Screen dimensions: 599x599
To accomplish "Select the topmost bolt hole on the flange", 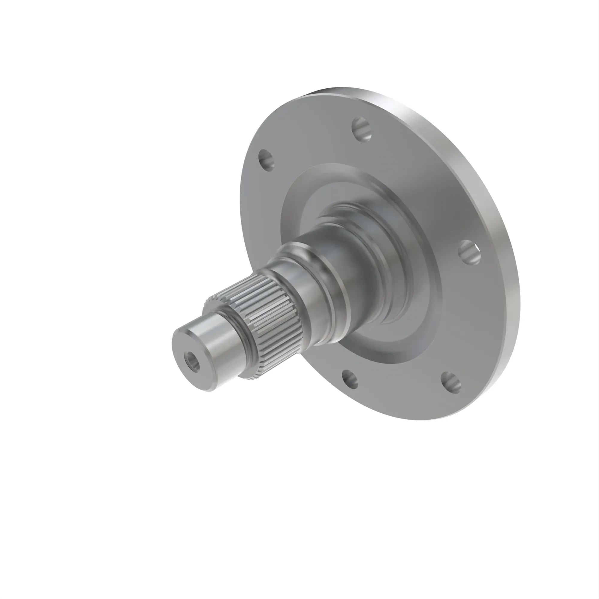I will [x=361, y=129].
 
